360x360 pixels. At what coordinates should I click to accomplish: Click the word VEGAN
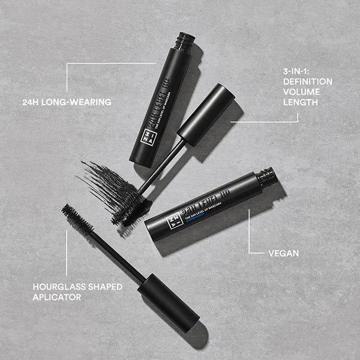click(284, 253)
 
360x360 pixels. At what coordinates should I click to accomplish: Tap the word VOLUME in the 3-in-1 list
click(301, 91)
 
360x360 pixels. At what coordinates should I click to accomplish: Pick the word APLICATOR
click(56, 296)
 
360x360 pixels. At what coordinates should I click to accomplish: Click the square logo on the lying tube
click(173, 219)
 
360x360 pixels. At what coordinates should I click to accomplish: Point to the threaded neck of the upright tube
click(184, 41)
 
